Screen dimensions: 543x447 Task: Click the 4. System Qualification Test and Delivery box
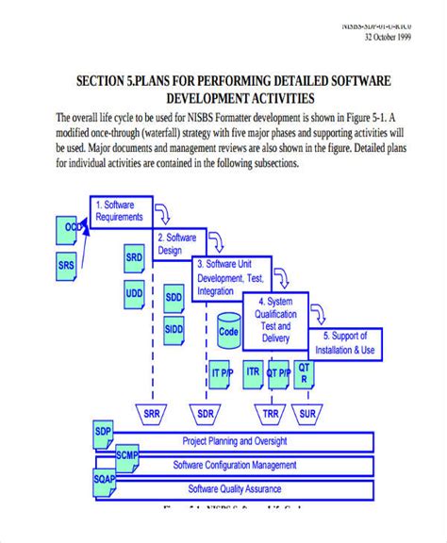tap(275, 319)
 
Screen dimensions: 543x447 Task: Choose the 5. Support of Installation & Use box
tap(351, 341)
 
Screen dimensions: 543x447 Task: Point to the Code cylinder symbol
tap(228, 331)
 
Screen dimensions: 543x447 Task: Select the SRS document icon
tap(66, 265)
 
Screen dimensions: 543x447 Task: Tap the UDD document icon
tap(135, 292)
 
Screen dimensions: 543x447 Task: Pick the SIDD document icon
tap(174, 329)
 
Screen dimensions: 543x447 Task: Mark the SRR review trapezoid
tap(151, 413)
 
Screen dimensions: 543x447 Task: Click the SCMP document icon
tap(127, 456)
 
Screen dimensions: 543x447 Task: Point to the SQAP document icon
tap(105, 480)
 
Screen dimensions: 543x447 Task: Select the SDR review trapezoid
tap(204, 413)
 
